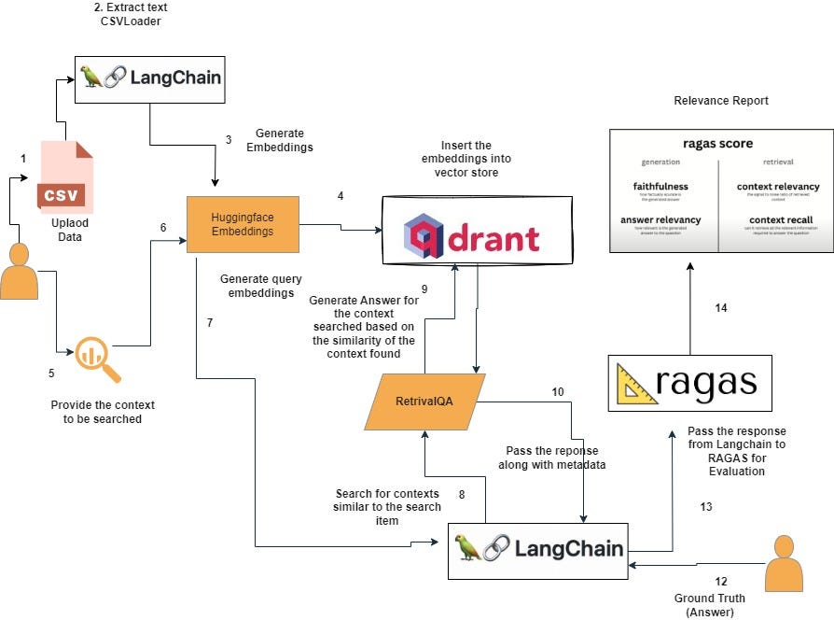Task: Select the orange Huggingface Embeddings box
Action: [243, 224]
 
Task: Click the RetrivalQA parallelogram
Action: [425, 402]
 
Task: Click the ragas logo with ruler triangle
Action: [689, 384]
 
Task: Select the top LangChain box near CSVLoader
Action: [151, 77]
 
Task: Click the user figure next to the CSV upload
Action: [19, 271]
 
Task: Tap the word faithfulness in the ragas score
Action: [660, 186]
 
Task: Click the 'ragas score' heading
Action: [717, 144]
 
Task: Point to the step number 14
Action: [720, 307]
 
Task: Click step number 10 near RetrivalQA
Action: [557, 392]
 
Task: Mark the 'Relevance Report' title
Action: [721, 100]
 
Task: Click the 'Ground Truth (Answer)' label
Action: [703, 604]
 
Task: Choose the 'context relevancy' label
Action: [778, 186]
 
